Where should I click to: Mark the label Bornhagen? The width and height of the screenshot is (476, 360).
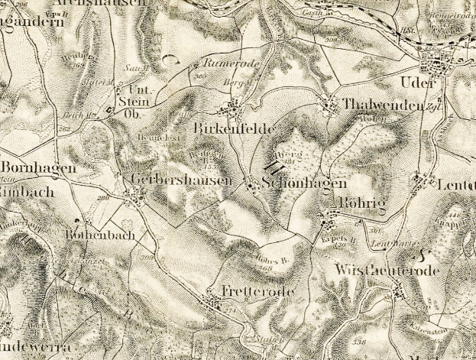pos(28,167)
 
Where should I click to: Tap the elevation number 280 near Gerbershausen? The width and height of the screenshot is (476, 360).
pos(102,199)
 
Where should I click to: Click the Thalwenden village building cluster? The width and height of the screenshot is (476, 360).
pos(331,105)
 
